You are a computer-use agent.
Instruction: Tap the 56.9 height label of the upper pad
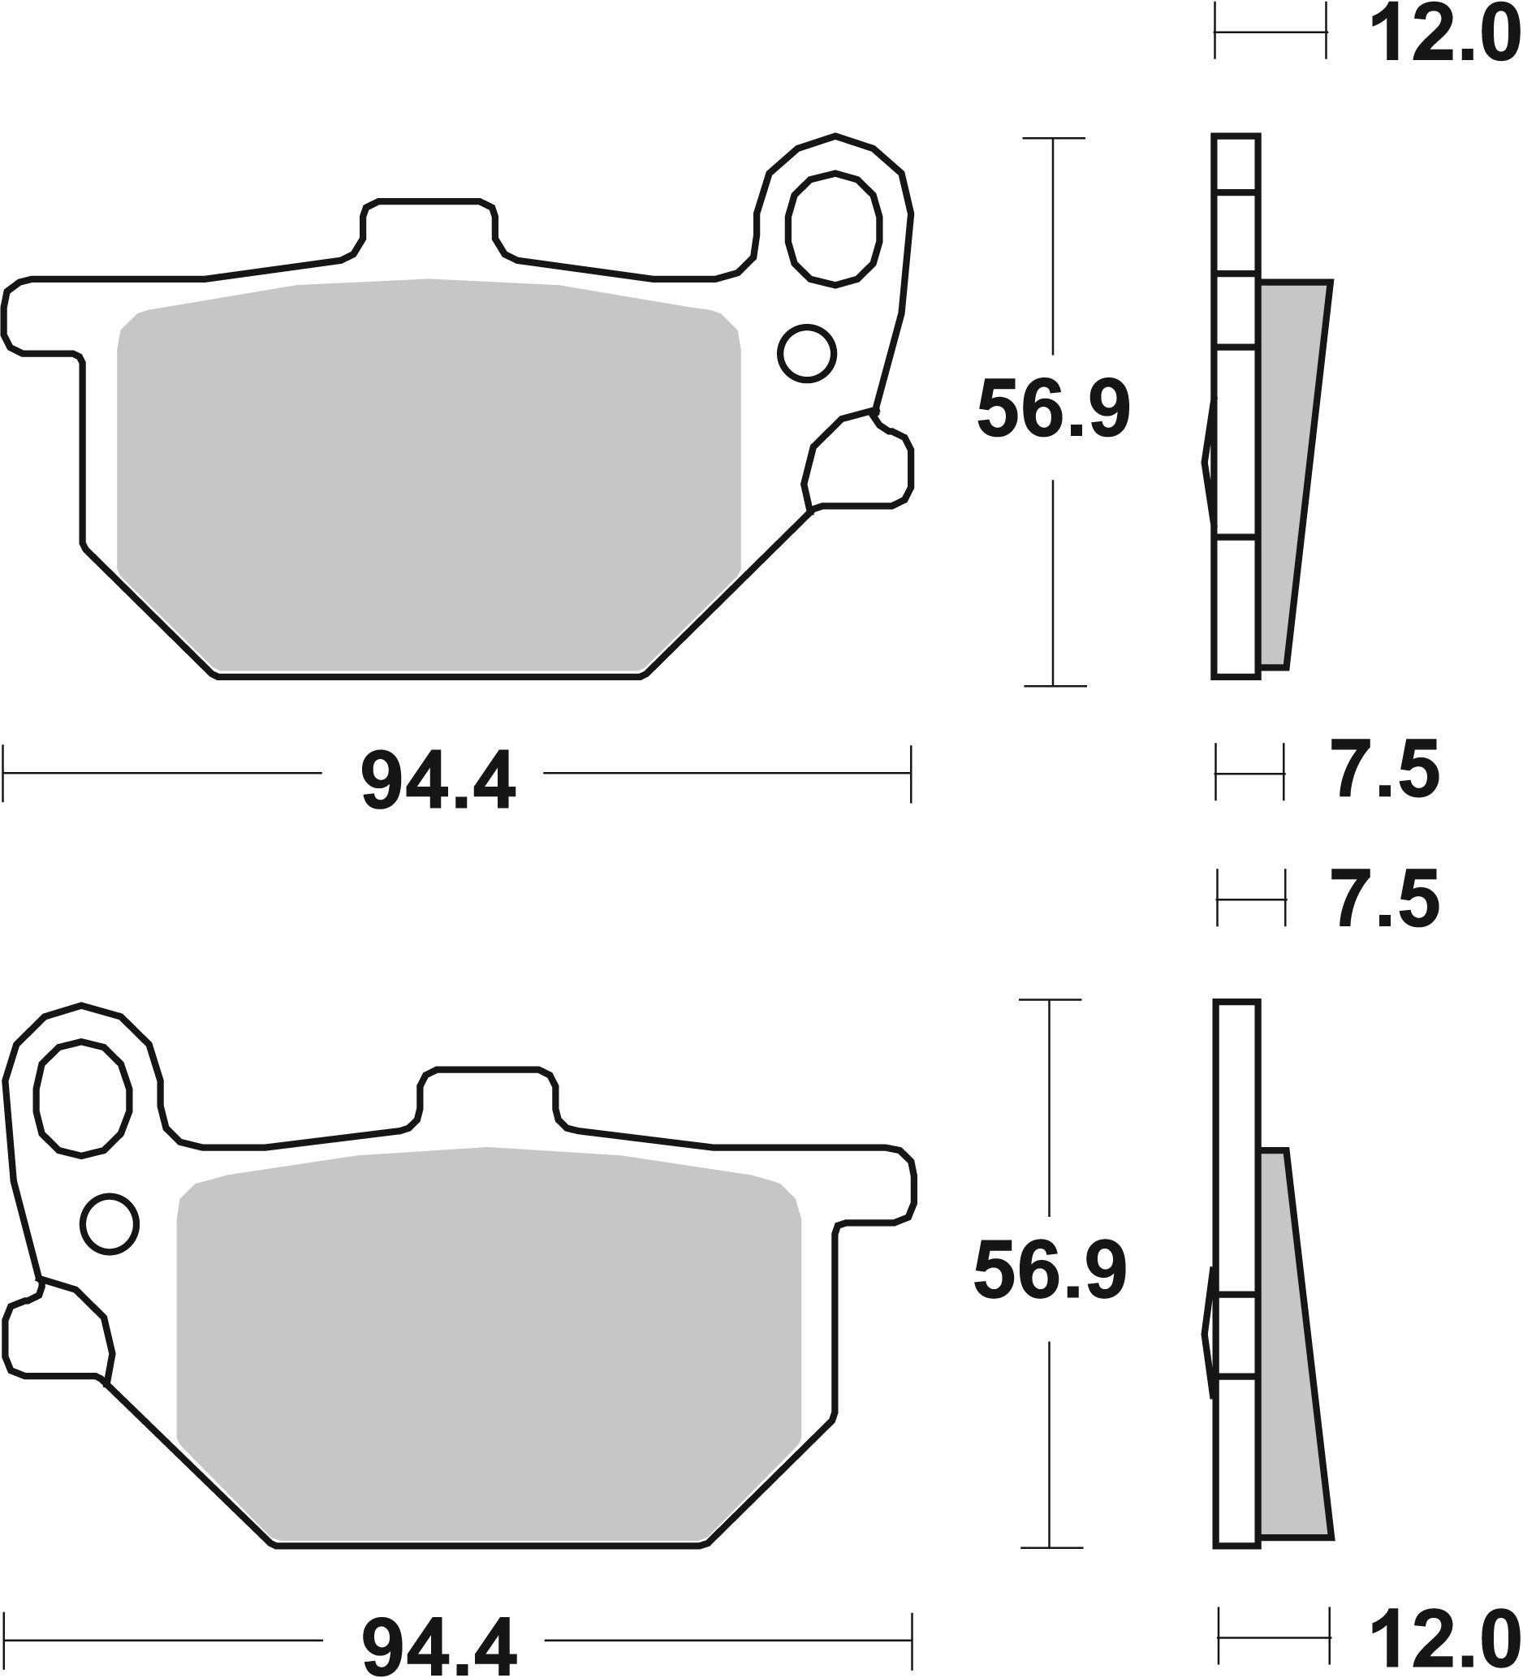[1053, 409]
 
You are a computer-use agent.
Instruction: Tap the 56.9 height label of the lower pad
[1051, 1270]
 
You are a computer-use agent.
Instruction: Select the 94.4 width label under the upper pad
[438, 781]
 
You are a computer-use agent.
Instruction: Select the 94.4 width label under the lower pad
[438, 1642]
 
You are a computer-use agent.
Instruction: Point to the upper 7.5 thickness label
[1387, 772]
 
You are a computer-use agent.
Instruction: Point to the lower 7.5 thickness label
[1387, 899]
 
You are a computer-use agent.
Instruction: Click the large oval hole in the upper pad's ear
[834, 229]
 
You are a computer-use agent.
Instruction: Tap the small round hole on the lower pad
[110, 1224]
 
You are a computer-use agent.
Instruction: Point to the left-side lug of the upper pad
[41, 317]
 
